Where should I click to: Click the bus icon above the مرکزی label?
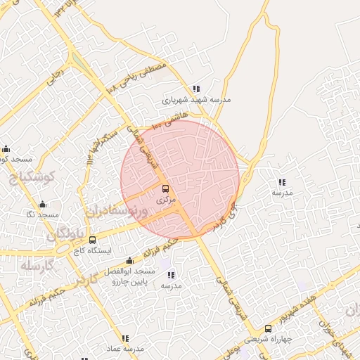click(x=166, y=188)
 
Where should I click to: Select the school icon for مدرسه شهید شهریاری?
click(x=197, y=89)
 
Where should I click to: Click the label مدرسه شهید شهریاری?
click(x=196, y=100)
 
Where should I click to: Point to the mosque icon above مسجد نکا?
click(x=43, y=204)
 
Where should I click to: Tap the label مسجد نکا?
click(x=43, y=214)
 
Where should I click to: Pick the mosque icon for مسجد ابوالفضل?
click(x=128, y=260)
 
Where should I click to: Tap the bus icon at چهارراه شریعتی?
click(x=268, y=328)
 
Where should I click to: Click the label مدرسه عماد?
click(x=125, y=349)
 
